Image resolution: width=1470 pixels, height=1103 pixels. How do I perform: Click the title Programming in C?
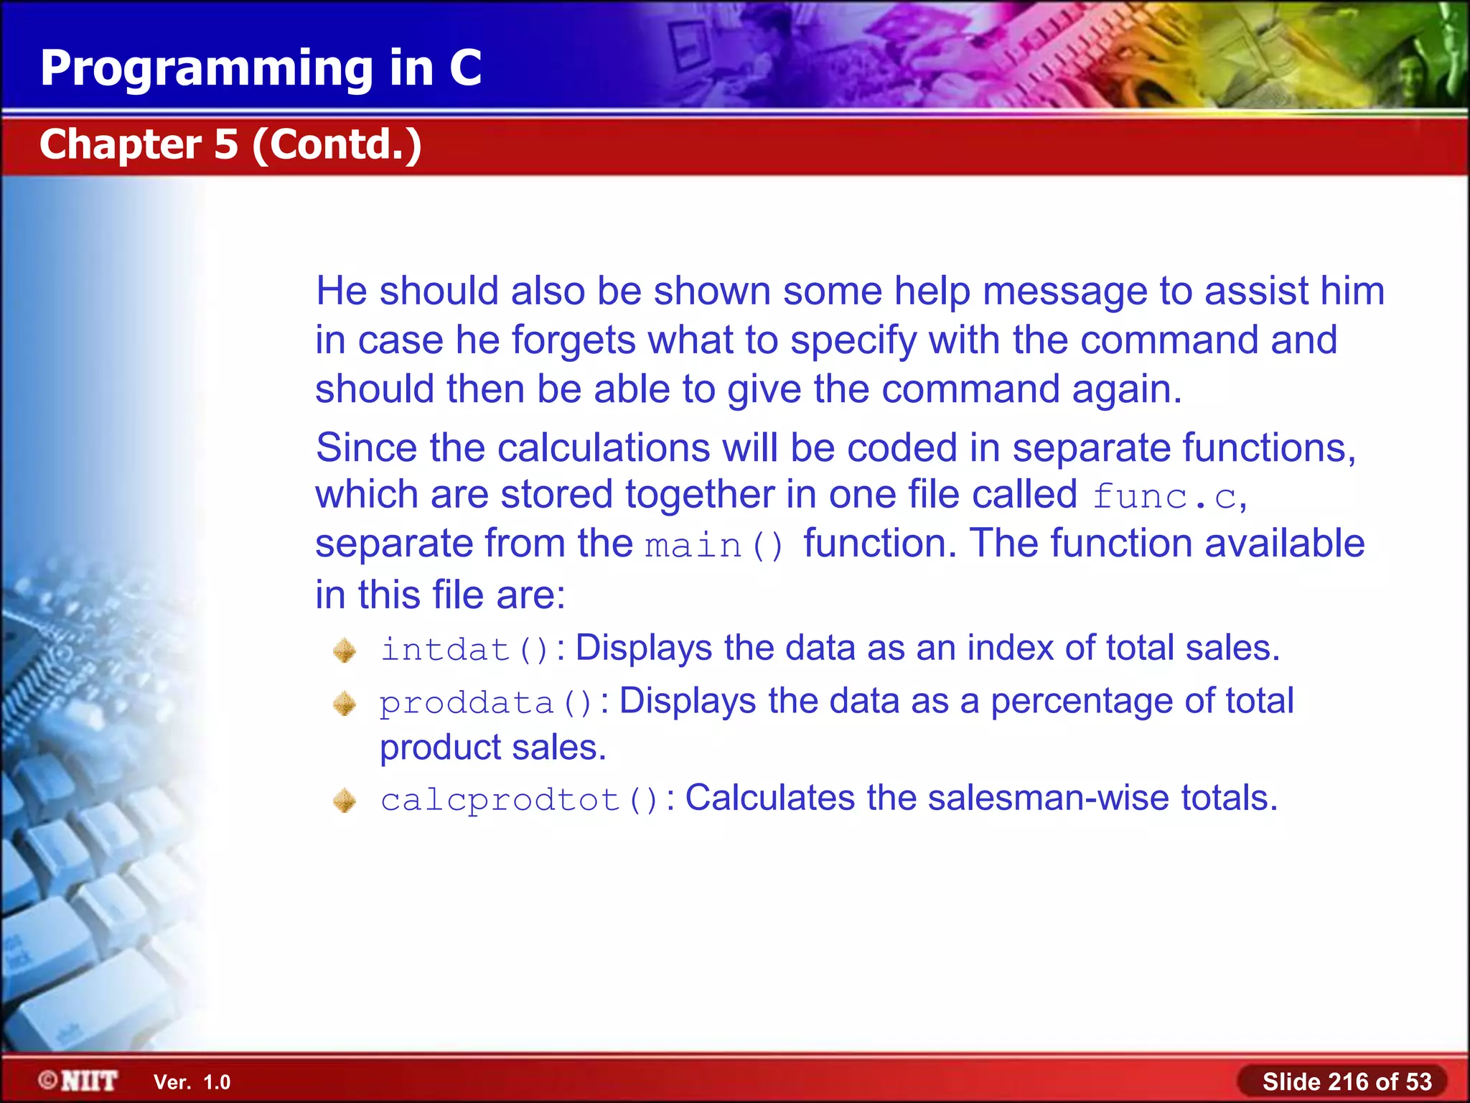261,68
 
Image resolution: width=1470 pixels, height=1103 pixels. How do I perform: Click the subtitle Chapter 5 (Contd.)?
230,144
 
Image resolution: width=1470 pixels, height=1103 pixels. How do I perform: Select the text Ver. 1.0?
192,1082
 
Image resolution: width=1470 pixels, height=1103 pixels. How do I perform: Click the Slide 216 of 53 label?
1347,1081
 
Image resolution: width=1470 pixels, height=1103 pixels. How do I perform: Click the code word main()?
714,546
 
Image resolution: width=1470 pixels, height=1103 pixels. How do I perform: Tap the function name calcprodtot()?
519,800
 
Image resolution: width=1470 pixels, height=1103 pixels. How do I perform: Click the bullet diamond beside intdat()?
345,651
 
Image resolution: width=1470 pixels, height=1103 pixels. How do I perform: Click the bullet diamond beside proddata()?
345,704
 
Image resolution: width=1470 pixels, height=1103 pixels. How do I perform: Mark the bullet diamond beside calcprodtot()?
345,801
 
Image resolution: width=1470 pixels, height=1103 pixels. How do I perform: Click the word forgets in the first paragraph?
574,340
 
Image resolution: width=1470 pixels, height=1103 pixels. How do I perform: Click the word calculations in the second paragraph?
604,448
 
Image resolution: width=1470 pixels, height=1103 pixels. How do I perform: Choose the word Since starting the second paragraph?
366,448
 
